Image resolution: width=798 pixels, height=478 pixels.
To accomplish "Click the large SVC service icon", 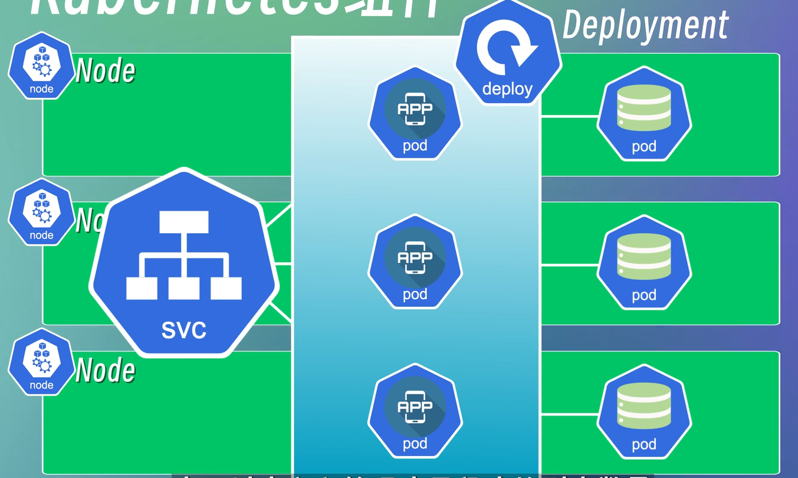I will pyautogui.click(x=183, y=263).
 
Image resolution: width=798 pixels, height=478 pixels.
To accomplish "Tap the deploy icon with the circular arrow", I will pyautogui.click(x=508, y=56).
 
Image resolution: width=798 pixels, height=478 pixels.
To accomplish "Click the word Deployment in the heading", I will pyautogui.click(x=646, y=26).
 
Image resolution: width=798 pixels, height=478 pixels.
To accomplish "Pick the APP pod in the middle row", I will pyautogui.click(x=415, y=262).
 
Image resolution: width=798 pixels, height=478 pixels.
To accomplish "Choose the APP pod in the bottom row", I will pyautogui.click(x=415, y=411).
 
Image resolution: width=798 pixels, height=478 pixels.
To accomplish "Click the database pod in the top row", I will pyautogui.click(x=644, y=113).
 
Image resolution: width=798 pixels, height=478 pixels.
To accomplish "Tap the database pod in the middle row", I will pyautogui.click(x=644, y=262).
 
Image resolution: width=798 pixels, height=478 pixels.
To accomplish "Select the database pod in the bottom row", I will pyautogui.click(x=644, y=411).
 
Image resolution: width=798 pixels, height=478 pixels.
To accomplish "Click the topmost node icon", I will pyautogui.click(x=41, y=66).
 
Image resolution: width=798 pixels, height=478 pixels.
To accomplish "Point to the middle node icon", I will pyautogui.click(x=41, y=212).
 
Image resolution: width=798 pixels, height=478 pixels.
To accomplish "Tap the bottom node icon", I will pyautogui.click(x=41, y=362).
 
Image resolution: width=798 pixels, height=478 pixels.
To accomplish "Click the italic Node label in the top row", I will pyautogui.click(x=106, y=71).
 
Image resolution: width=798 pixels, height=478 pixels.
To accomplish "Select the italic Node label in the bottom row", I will pyautogui.click(x=106, y=371).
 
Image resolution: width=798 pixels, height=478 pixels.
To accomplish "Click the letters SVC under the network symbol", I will pyautogui.click(x=183, y=330).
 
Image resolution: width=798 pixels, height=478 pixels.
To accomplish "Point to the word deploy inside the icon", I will pyautogui.click(x=507, y=89).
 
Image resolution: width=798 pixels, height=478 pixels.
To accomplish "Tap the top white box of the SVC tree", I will pyautogui.click(x=183, y=221).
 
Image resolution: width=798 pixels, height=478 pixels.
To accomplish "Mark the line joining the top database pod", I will pyautogui.click(x=569, y=117).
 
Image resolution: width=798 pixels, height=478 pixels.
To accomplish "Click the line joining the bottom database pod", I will pyautogui.click(x=569, y=414).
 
